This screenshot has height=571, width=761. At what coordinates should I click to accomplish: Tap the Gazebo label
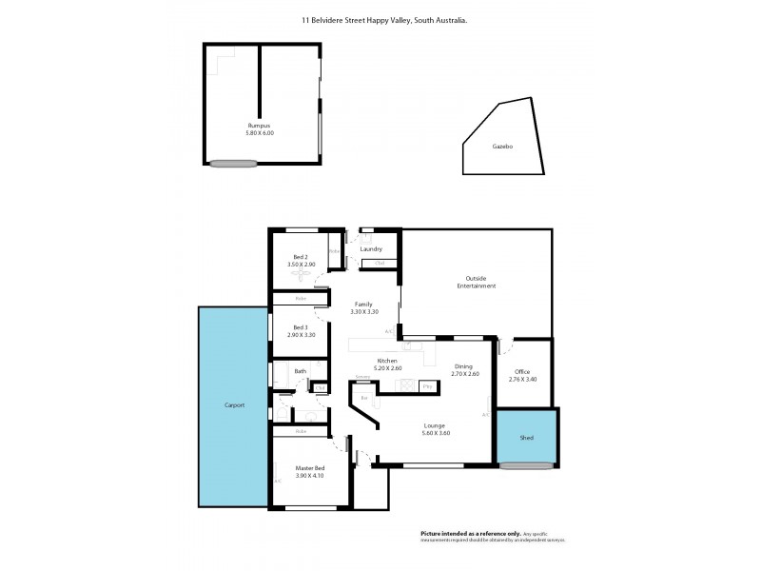coord(502,148)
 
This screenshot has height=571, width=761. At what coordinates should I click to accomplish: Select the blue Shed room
coord(526,438)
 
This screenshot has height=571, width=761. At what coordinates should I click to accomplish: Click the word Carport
coord(234,405)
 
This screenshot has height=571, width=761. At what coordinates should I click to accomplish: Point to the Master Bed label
coord(310,467)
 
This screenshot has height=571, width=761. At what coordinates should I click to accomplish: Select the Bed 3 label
coord(300,327)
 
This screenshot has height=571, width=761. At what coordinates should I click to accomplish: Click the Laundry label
coord(371,249)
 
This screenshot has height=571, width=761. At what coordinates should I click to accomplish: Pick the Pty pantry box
coord(428,386)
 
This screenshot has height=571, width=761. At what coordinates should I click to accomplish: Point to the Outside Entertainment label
coord(477,282)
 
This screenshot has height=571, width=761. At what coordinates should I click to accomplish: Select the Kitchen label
coord(388,360)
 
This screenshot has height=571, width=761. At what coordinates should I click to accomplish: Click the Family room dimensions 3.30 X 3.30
coord(364,311)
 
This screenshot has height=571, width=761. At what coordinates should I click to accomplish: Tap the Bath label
coord(300,371)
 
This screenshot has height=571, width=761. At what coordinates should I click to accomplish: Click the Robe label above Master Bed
coord(301,431)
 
